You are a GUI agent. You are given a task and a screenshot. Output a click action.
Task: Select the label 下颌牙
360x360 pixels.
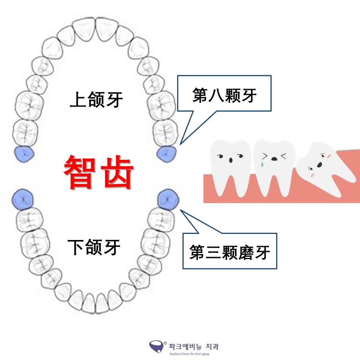[x=94, y=247]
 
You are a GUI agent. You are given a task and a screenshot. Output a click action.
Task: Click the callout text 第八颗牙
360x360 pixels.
[x=224, y=96]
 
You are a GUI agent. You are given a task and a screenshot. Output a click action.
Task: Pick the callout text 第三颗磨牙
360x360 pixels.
[x=230, y=252]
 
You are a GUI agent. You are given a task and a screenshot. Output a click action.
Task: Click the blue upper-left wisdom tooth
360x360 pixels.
[x=24, y=154]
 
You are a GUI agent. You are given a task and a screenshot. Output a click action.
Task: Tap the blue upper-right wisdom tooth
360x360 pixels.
[x=166, y=154]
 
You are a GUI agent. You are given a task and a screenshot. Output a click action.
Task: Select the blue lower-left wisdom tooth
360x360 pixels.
[x=22, y=199]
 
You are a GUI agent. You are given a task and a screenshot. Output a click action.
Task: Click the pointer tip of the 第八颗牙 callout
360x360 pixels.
[x=180, y=144]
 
